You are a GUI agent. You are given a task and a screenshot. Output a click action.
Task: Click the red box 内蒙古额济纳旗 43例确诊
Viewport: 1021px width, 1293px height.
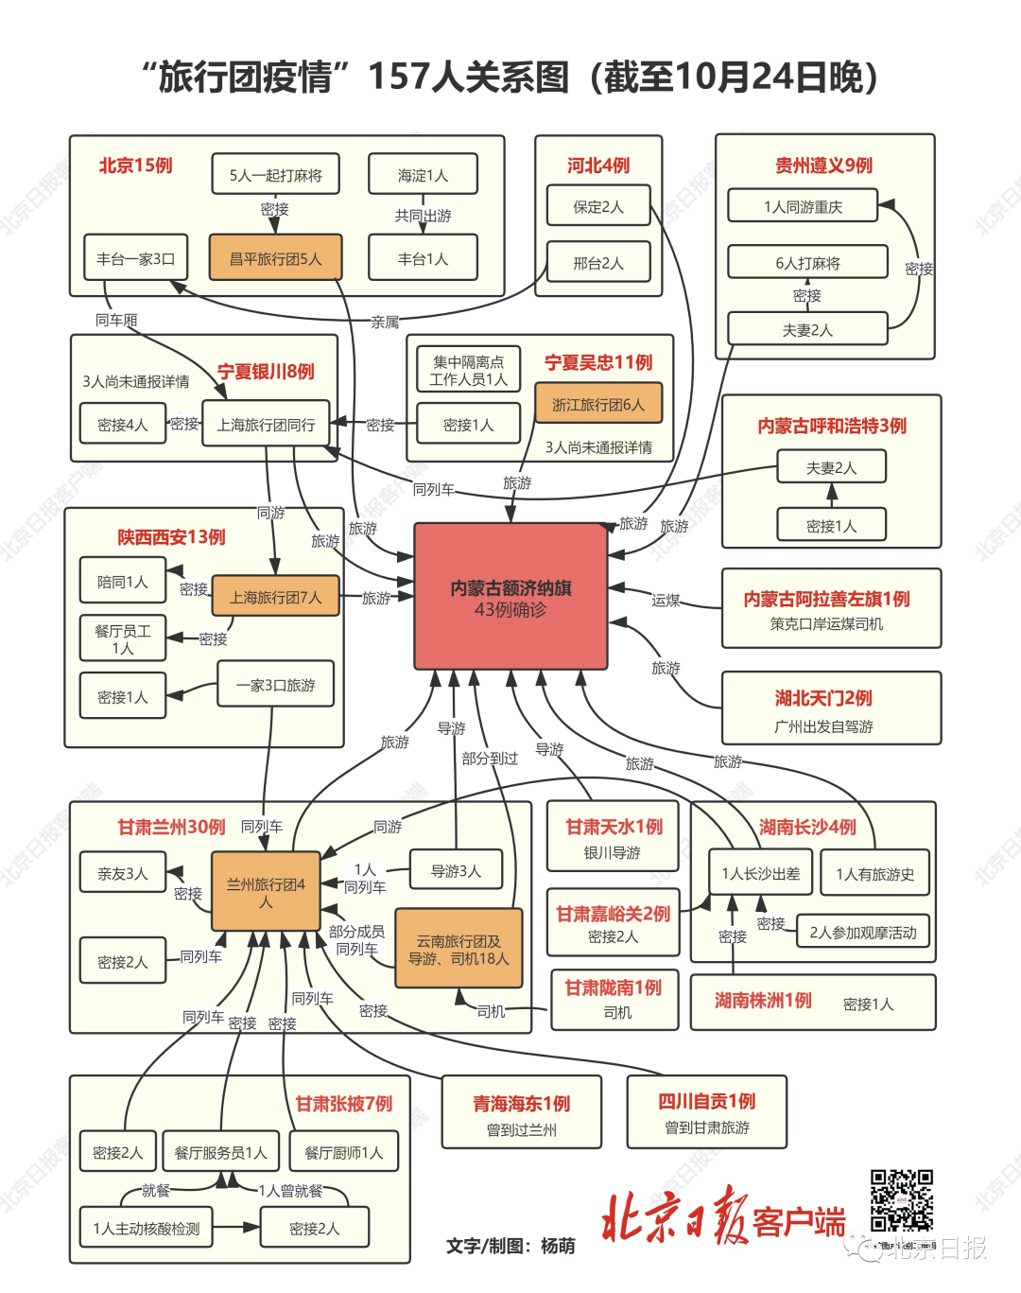click(x=510, y=598)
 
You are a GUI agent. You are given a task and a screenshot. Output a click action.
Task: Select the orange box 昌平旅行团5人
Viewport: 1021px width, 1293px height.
click(x=275, y=258)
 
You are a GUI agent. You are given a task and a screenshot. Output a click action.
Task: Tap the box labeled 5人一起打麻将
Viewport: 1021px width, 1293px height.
click(x=275, y=175)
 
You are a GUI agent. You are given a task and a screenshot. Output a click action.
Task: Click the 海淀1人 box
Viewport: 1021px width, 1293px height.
click(x=423, y=175)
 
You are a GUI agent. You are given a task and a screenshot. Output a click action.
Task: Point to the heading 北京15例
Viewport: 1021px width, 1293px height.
click(x=135, y=166)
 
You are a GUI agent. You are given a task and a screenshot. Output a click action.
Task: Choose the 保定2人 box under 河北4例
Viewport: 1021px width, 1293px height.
click(x=598, y=206)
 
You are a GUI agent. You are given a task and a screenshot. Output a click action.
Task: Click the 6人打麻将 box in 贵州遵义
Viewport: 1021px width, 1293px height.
click(x=807, y=263)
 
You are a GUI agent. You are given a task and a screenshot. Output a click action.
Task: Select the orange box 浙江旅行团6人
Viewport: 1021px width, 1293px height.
click(x=598, y=404)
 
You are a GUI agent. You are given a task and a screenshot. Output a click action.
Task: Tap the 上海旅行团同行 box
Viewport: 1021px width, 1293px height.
click(x=266, y=425)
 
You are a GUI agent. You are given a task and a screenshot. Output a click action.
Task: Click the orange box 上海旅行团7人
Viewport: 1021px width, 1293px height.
click(x=275, y=597)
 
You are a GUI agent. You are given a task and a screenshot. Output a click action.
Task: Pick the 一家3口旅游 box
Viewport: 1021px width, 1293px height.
click(x=275, y=685)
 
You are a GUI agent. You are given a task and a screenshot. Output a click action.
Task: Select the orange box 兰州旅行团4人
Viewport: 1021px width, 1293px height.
click(x=266, y=892)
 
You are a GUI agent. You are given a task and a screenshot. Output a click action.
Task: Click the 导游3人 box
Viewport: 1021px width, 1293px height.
click(x=456, y=871)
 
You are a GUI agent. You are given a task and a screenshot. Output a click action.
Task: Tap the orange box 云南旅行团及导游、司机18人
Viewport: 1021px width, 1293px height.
click(x=459, y=949)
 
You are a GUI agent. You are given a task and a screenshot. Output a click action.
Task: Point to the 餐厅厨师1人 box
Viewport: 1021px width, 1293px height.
click(x=344, y=1152)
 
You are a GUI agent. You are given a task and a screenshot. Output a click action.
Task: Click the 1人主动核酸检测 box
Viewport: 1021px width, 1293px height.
click(x=147, y=1228)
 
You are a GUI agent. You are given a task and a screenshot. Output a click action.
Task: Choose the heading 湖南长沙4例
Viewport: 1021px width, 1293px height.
click(x=807, y=828)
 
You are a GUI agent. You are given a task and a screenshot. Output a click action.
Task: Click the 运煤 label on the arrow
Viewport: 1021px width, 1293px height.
click(x=666, y=600)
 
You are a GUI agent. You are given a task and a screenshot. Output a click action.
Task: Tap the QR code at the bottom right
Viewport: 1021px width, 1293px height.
click(x=901, y=1200)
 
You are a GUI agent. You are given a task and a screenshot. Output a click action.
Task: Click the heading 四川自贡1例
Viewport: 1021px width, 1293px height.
click(x=707, y=1102)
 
